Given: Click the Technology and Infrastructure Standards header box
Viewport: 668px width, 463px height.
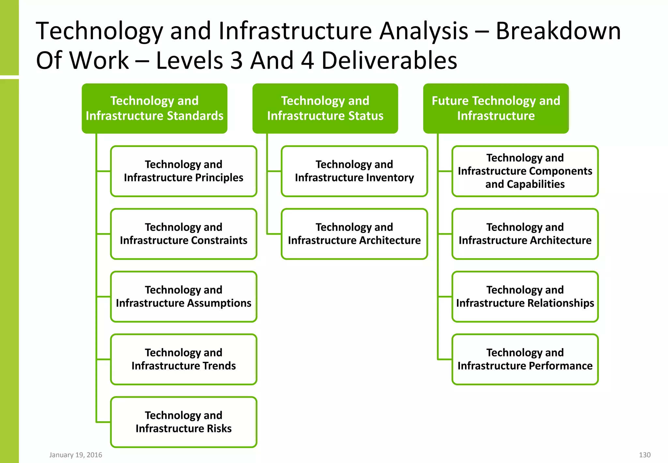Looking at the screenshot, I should click(x=154, y=108).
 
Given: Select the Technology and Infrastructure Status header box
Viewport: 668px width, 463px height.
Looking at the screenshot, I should click(x=325, y=108).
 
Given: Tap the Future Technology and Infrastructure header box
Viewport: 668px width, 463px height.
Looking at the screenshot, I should click(x=496, y=108).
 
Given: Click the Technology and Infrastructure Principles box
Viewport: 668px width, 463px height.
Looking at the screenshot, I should click(x=184, y=171).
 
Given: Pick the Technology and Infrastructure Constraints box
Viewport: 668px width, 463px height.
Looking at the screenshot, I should click(x=184, y=234).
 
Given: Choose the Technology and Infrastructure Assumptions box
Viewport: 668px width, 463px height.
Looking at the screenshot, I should click(x=184, y=296).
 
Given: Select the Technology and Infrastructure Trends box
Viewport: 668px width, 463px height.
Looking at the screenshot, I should click(x=184, y=359).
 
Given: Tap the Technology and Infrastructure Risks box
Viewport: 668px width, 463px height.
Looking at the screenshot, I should click(x=184, y=422).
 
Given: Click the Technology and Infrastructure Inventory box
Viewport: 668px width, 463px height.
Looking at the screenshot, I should click(x=354, y=171).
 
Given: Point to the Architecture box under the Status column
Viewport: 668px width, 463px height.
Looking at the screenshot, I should click(x=354, y=234).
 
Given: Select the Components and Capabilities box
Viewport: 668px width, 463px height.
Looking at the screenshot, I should click(x=525, y=171).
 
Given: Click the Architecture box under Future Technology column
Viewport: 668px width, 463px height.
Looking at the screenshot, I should click(x=525, y=234).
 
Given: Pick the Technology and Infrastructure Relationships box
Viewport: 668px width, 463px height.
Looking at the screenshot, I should click(x=525, y=296).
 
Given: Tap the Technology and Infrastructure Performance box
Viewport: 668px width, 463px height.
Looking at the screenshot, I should click(x=525, y=359).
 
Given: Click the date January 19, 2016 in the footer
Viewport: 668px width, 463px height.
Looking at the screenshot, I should click(x=76, y=455).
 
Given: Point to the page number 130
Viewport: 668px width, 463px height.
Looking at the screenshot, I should click(x=645, y=455).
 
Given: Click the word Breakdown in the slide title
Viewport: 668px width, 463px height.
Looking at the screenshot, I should click(x=558, y=31).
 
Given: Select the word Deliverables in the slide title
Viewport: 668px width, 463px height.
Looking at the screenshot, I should click(x=389, y=61).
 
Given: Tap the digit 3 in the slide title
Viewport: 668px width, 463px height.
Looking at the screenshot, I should click(x=236, y=61).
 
